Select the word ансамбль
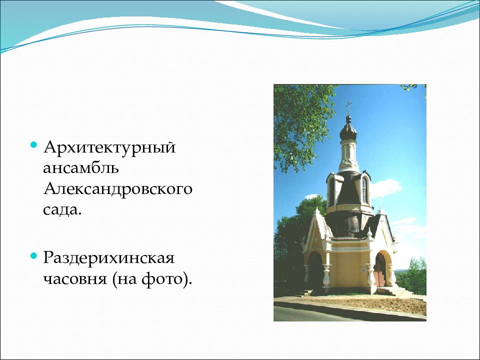pos(81,167)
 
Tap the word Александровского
pos(118,189)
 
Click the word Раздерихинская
pos(108,258)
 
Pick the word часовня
pos(74,279)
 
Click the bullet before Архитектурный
pos(33,144)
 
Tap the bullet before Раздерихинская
pos(33,255)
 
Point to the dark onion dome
pos(348,128)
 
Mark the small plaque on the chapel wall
pos(363,270)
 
